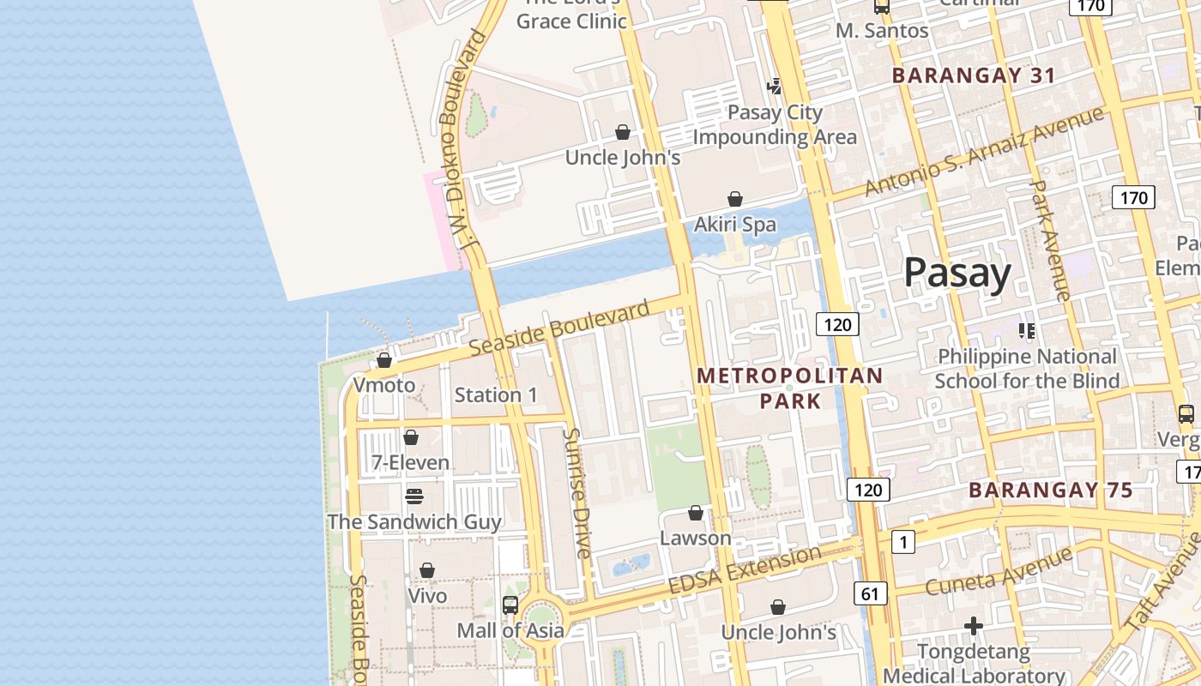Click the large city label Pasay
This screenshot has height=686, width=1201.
tap(957, 273)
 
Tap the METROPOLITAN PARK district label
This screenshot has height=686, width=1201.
tap(789, 388)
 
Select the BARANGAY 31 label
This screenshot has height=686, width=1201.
tap(974, 75)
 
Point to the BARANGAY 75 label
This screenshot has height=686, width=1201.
tap(1051, 490)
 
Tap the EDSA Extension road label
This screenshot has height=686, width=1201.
tap(745, 572)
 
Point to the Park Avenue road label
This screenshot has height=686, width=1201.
tap(1049, 240)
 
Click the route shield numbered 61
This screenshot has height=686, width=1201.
tap(871, 593)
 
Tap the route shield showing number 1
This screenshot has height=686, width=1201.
tap(903, 542)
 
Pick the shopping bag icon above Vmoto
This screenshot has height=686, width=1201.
tap(384, 360)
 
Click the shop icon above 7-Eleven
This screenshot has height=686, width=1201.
tap(411, 437)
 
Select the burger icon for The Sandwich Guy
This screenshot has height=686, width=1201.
tap(414, 496)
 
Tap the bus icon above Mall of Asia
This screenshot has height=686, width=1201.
tap(510, 605)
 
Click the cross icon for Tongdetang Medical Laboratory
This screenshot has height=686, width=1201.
tap(973, 627)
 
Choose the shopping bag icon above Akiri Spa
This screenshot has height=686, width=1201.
tap(735, 199)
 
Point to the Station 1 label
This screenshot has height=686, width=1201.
tap(496, 395)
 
